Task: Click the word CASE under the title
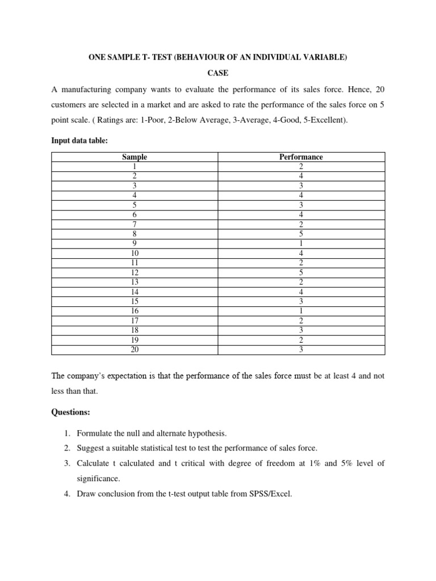218,73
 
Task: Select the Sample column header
135,157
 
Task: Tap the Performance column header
301,157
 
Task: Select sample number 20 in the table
135,350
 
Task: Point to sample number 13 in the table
135,283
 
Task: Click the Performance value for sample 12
301,273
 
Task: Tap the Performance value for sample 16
301,311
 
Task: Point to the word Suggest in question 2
91,448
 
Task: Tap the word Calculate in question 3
94,464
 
